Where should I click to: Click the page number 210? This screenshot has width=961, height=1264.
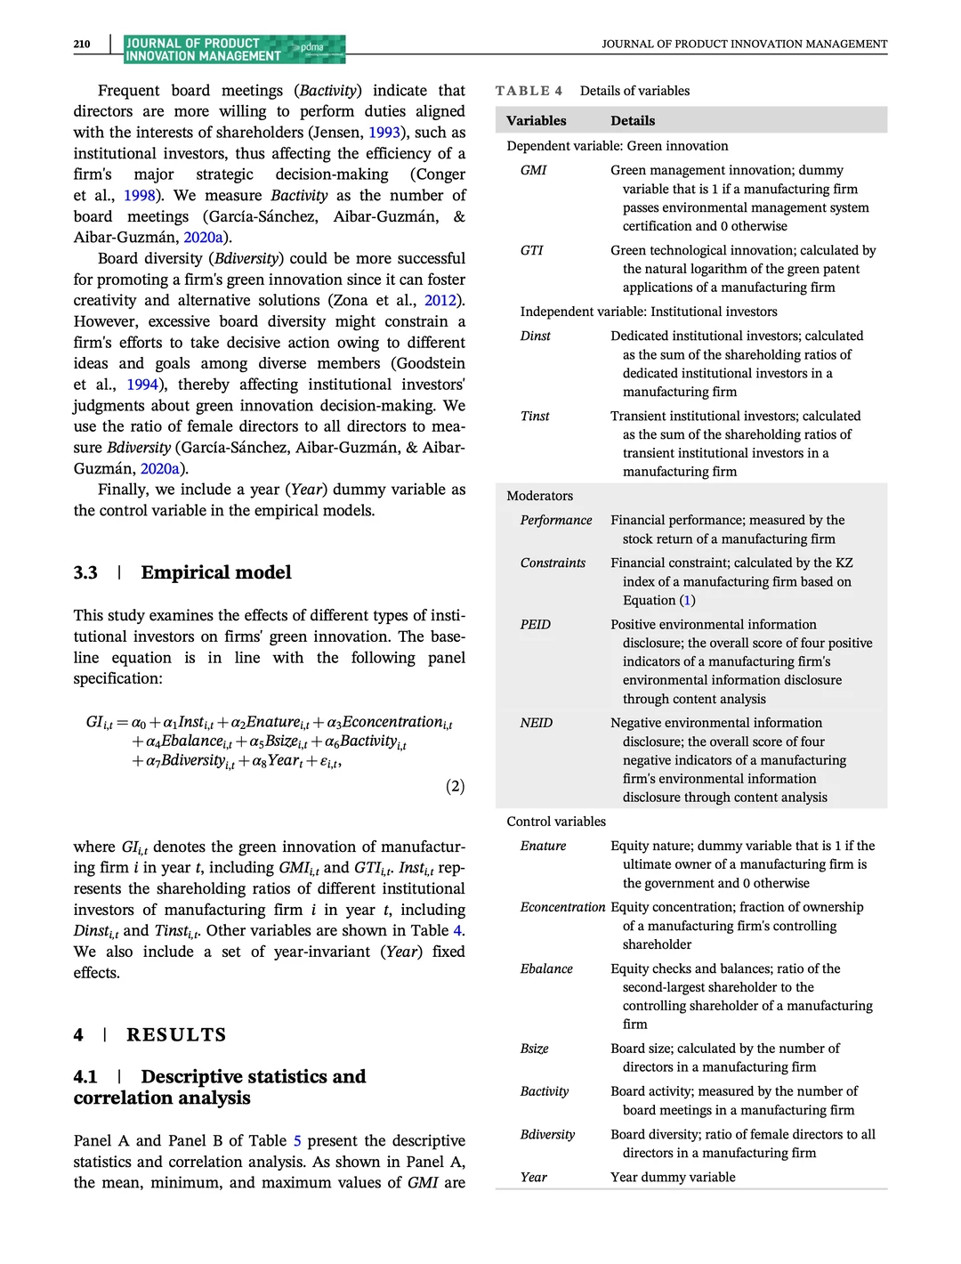tap(82, 44)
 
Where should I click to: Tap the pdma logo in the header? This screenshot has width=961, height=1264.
tap(312, 47)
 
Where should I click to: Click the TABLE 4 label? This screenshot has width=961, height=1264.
tap(529, 91)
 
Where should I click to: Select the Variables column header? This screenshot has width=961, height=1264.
tap(536, 120)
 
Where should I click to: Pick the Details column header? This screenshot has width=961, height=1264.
tap(633, 120)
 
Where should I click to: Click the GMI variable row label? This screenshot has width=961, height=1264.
tap(534, 170)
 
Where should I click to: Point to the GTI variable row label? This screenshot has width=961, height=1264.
tap(532, 250)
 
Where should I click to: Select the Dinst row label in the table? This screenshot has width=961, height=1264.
tap(536, 336)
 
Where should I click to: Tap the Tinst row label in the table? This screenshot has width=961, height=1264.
tap(535, 416)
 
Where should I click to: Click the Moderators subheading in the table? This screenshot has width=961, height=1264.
tap(540, 496)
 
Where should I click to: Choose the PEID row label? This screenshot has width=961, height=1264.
tap(536, 624)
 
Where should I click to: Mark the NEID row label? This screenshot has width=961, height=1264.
tap(537, 723)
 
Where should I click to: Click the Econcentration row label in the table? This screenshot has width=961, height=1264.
tap(562, 907)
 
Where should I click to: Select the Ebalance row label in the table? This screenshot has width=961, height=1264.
tap(546, 968)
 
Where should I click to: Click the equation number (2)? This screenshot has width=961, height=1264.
tap(455, 786)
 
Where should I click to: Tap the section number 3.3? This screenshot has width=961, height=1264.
tap(85, 572)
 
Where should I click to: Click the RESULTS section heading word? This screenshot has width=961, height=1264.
tap(176, 1034)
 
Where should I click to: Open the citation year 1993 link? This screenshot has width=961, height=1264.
tap(384, 133)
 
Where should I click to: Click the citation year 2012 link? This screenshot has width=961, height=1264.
tap(440, 301)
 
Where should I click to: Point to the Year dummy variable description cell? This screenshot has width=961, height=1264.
tap(673, 1177)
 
